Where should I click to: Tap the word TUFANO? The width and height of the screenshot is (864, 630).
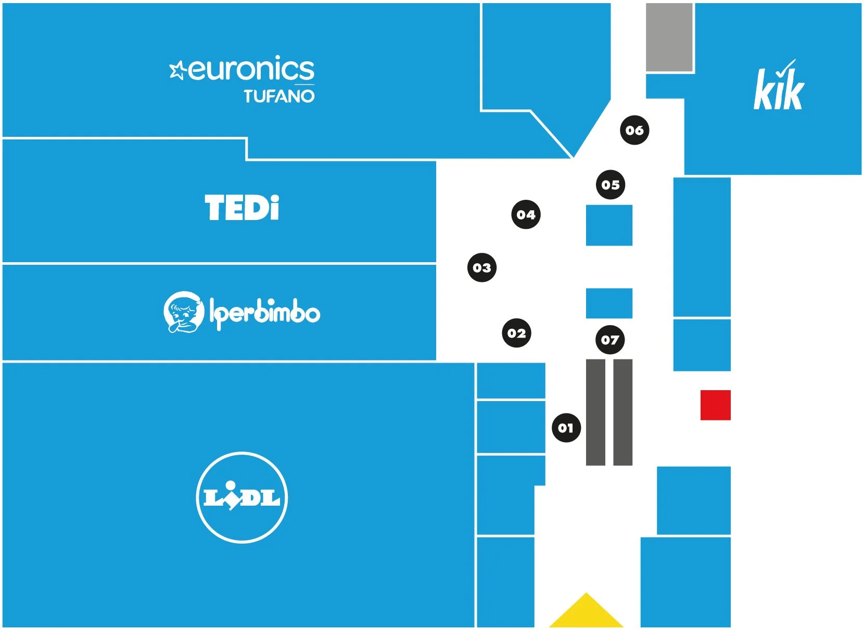pyautogui.click(x=279, y=96)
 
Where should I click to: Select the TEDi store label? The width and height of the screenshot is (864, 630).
pyautogui.click(x=242, y=208)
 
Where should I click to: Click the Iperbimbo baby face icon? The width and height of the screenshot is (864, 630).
pyautogui.click(x=183, y=312)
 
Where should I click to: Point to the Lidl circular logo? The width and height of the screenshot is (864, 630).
pyautogui.click(x=242, y=497)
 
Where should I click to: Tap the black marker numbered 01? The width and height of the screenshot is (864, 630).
pyautogui.click(x=566, y=428)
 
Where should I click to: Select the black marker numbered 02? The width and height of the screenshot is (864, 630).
pyautogui.click(x=516, y=333)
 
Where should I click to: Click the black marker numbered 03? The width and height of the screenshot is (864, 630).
pyautogui.click(x=482, y=267)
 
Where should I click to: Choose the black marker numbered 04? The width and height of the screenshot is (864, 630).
pyautogui.click(x=526, y=214)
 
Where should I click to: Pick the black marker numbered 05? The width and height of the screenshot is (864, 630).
pyautogui.click(x=611, y=185)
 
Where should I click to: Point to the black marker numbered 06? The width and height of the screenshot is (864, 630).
pyautogui.click(x=634, y=130)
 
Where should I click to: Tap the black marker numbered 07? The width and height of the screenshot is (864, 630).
pyautogui.click(x=609, y=340)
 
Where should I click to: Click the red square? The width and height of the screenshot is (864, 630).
pyautogui.click(x=715, y=405)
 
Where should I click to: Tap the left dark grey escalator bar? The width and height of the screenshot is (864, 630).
pyautogui.click(x=595, y=412)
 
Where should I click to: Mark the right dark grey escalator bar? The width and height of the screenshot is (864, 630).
pyautogui.click(x=622, y=412)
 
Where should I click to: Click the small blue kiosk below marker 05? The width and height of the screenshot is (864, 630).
pyautogui.click(x=609, y=225)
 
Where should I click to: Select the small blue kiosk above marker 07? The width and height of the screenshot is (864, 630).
pyautogui.click(x=609, y=303)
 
